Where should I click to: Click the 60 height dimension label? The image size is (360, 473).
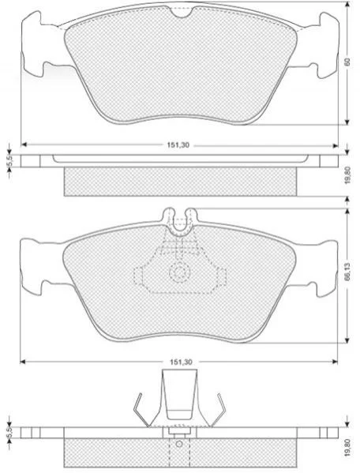[x=347, y=62]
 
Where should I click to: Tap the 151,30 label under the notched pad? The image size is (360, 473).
[x=178, y=145]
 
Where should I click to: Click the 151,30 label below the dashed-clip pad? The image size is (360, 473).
[x=181, y=362]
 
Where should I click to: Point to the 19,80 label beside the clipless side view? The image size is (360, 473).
[x=347, y=175]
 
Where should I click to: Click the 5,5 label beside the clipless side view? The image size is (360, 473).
[x=9, y=161]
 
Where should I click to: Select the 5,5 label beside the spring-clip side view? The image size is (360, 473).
[x=9, y=433]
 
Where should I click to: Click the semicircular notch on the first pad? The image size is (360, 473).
[x=181, y=12]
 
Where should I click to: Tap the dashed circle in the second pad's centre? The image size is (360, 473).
[x=180, y=272]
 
